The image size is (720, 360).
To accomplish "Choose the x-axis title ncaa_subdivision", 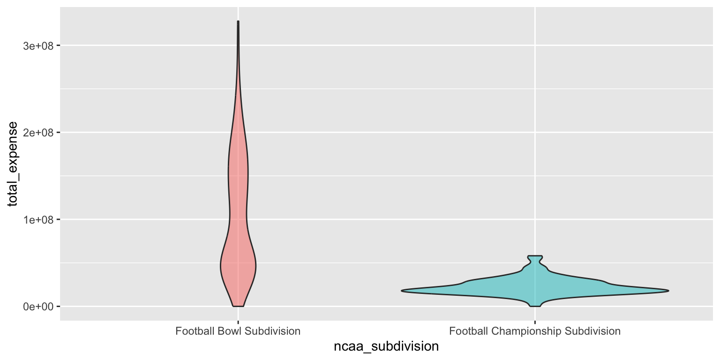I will pos(386,347).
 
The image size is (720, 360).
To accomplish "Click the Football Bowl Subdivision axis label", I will pos(238,331).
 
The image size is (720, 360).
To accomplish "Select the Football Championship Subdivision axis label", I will pos(534,331).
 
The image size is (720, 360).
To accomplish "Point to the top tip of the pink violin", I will pos(238,22).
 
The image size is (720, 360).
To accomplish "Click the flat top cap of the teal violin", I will pos(535,256).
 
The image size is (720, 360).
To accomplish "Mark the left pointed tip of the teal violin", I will pos(402,291).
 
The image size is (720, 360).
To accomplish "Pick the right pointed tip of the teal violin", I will pos(668,291).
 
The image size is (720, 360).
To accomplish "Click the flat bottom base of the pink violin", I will pos(238,306).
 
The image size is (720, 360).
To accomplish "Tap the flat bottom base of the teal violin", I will pos(535,306).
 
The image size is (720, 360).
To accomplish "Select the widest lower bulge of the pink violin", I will pos(238,265).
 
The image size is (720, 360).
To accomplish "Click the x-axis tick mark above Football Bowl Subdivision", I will pos(238,322).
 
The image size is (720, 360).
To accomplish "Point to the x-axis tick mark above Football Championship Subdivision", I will pos(535,322).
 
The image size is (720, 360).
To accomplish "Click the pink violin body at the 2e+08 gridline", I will pos(238,133).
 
